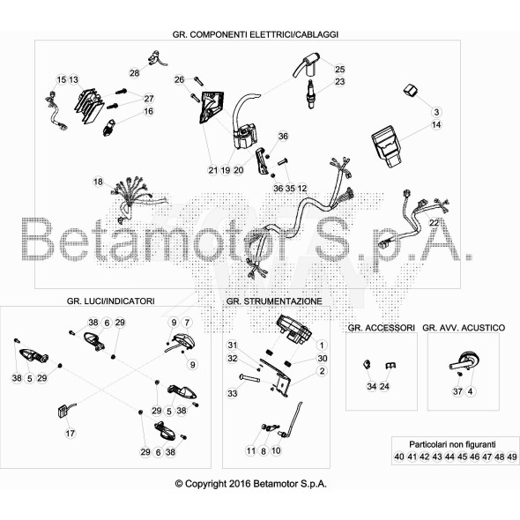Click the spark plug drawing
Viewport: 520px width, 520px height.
tap(311, 94)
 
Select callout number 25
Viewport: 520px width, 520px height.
tap(340, 69)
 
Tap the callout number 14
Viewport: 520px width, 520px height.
tap(436, 124)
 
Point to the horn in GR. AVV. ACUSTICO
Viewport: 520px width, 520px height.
tap(464, 361)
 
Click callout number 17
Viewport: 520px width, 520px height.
tap(70, 433)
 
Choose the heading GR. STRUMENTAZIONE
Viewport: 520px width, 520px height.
tap(274, 301)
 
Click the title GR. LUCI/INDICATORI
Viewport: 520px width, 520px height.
tap(110, 301)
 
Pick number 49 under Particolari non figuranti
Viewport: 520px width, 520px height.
tap(512, 457)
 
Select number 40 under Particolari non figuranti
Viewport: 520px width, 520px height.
tap(399, 457)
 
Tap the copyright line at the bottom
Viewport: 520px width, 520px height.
tap(251, 484)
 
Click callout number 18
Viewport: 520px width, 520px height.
tap(98, 182)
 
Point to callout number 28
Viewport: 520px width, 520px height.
tap(134, 72)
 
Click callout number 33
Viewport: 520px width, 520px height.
tap(233, 393)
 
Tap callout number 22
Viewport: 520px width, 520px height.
tap(434, 223)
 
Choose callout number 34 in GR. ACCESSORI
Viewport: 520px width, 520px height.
tap(372, 386)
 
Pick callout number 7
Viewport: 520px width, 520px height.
tap(187, 323)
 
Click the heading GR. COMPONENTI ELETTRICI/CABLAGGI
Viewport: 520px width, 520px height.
tap(256, 34)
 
